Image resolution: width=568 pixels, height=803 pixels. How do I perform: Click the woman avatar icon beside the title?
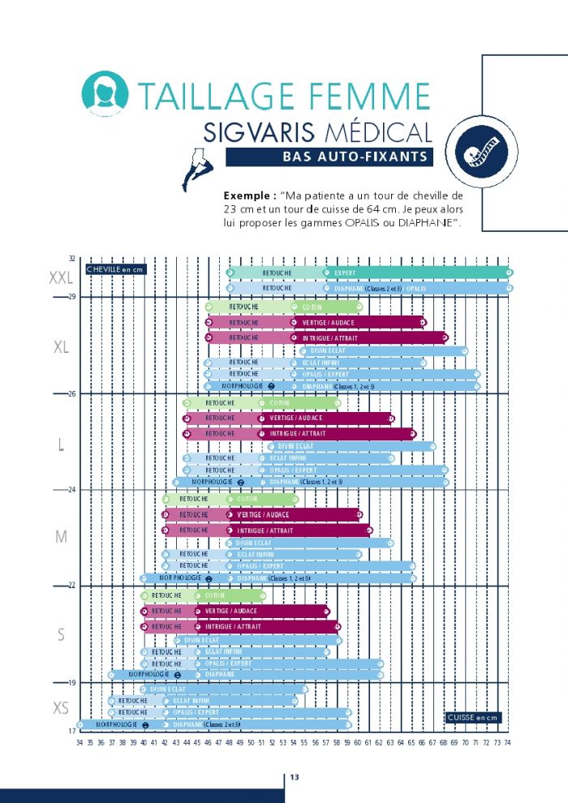coord(105,94)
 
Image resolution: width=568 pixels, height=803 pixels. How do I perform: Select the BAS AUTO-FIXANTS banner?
coord(329,157)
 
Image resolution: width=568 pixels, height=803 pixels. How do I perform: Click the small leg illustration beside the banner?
coord(199,169)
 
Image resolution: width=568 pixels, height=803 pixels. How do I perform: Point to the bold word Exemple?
coord(247,196)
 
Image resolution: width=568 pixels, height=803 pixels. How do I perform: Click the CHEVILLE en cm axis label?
coord(114,268)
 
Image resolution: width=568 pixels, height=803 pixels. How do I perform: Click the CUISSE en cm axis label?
coord(473,718)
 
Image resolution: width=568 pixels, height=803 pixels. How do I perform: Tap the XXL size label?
coord(61,278)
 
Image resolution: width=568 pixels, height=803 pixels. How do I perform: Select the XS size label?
coord(61,708)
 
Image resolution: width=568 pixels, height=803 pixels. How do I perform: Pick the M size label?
coord(61,537)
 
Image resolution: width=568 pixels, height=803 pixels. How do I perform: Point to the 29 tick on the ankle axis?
coord(71,297)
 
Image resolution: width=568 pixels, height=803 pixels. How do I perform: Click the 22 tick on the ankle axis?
coord(71,585)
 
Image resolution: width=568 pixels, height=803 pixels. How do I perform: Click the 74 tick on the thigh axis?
coord(508,742)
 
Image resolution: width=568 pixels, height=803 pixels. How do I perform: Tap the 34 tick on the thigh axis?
coord(80,742)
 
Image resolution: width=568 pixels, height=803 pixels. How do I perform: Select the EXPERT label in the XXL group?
coord(345,273)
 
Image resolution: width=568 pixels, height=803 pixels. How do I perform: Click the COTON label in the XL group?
coord(312,307)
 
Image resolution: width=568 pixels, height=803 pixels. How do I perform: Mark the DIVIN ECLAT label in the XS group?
coord(167,689)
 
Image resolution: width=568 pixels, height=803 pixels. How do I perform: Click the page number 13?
coord(295,778)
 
